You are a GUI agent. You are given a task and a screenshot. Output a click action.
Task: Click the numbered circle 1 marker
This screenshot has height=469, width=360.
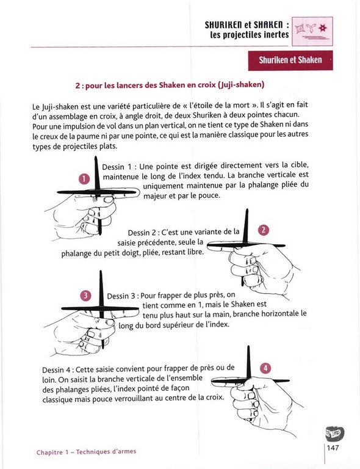click(x=84, y=179)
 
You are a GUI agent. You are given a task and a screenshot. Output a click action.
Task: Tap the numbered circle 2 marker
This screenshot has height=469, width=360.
click(x=263, y=230)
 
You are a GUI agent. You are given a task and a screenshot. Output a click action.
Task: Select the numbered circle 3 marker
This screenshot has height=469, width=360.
click(x=85, y=296)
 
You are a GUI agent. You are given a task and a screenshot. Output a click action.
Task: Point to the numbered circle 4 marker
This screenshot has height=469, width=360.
click(x=265, y=368)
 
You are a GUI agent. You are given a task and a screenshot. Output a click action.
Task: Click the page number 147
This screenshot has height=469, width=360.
click(x=333, y=448)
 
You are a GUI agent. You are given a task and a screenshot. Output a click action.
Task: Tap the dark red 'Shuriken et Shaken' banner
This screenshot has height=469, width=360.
click(x=290, y=60)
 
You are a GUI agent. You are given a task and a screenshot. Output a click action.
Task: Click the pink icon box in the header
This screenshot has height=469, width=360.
click(x=312, y=31)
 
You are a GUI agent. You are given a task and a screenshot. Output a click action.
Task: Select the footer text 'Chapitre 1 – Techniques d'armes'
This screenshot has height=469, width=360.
click(x=87, y=452)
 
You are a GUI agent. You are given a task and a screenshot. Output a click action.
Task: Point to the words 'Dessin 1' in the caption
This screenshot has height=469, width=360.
click(x=117, y=167)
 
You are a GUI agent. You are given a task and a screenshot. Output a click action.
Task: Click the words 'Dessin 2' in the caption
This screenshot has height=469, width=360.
click(x=142, y=233)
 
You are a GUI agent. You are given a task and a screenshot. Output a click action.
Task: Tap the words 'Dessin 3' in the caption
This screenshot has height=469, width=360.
click(x=121, y=296)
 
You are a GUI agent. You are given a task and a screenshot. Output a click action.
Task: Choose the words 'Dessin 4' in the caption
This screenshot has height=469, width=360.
click(x=57, y=370)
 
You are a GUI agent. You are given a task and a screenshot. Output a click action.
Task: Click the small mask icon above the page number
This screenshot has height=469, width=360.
click(x=334, y=432)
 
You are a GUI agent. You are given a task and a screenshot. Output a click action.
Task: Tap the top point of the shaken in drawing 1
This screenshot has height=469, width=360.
click(x=96, y=157)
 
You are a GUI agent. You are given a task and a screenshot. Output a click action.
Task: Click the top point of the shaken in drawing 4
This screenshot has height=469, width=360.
click(x=248, y=346)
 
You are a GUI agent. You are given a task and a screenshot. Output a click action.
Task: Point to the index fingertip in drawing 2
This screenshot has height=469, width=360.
click(x=208, y=247)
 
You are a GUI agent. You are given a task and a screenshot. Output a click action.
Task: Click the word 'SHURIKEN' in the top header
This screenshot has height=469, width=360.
click(x=224, y=25)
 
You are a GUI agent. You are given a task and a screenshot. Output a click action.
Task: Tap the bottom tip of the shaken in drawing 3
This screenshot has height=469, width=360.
click(x=103, y=348)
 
